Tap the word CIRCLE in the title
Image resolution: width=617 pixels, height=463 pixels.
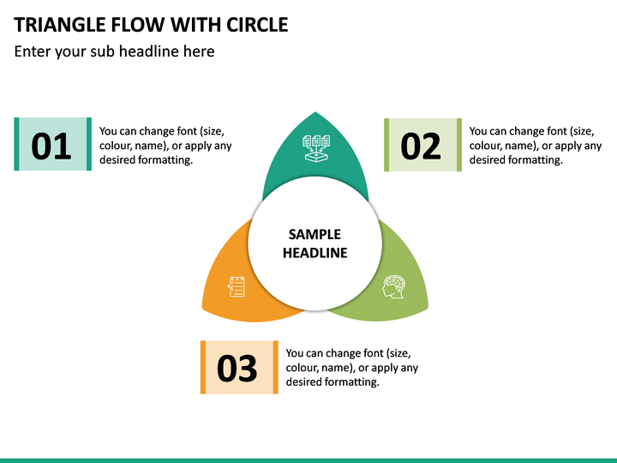tap(257, 25)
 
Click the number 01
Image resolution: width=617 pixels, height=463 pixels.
tap(51, 146)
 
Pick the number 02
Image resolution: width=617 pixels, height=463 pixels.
tap(421, 147)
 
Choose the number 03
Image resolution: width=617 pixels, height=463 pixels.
tap(237, 368)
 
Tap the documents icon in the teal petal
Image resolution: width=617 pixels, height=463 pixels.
tap(316, 148)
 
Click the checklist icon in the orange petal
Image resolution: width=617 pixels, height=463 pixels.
tap(237, 286)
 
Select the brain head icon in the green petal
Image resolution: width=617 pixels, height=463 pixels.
tap(393, 286)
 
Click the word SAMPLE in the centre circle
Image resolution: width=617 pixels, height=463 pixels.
tap(314, 235)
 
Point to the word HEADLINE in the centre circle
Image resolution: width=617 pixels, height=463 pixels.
tap(314, 253)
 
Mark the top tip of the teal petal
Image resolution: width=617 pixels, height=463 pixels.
tap(315, 112)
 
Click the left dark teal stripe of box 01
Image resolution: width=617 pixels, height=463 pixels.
tap(16, 144)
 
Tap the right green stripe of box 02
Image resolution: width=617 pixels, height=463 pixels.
tap(458, 145)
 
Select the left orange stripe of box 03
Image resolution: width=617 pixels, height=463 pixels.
tap(203, 367)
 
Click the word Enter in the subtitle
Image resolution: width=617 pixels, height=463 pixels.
tap(33, 51)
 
